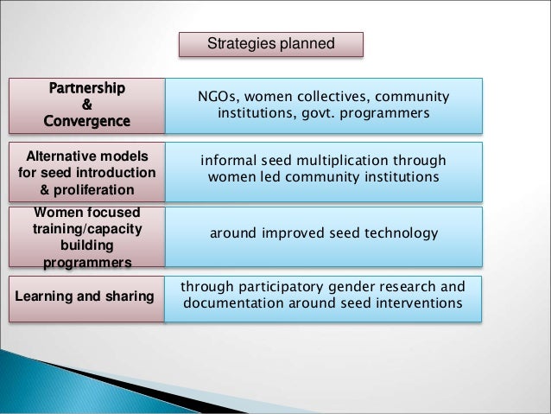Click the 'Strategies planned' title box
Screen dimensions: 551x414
(x=270, y=44)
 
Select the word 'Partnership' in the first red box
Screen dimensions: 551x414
(x=86, y=88)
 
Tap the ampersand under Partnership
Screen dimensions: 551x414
(x=86, y=105)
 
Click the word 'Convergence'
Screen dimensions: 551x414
(x=86, y=121)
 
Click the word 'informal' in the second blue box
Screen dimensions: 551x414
(x=229, y=161)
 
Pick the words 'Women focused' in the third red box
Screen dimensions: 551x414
(x=86, y=213)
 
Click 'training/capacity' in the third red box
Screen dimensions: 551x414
(x=86, y=229)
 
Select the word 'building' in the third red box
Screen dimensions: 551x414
(x=86, y=245)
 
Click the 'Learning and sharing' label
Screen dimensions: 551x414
(x=84, y=296)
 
